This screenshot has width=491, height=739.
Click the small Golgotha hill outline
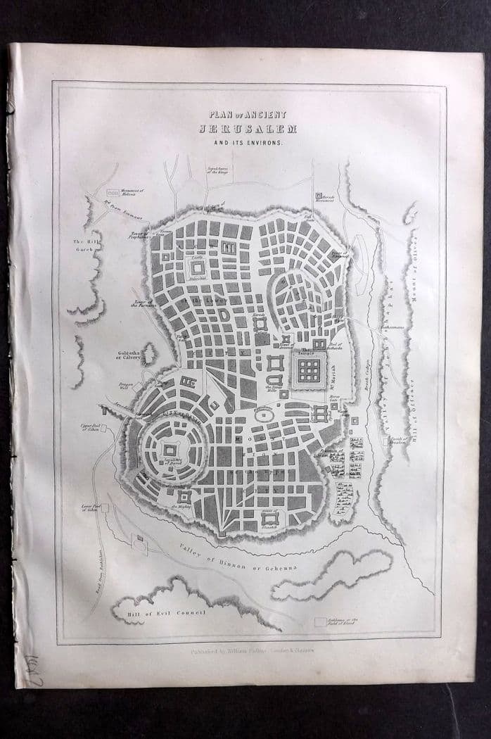click(x=148, y=353)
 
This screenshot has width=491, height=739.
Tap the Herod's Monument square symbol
click(x=318, y=196)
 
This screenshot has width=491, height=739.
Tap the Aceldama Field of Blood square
click(x=320, y=622)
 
